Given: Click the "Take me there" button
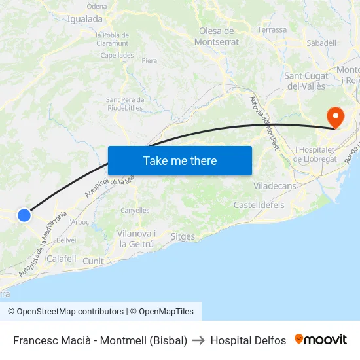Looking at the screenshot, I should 180,160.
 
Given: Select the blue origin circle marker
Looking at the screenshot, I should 24,215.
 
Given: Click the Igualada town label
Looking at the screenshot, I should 85,19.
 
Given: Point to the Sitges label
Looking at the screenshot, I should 183,236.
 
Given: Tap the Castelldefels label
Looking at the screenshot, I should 259,205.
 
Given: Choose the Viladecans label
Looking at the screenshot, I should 274,186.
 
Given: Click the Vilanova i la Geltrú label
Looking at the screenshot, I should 136,239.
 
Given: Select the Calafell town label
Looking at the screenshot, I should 62,259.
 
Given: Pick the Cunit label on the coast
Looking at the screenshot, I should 93,261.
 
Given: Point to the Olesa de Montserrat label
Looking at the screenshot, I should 217,36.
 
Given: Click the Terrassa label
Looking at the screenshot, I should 272,30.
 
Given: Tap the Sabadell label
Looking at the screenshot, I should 321,43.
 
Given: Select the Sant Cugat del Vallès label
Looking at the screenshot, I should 306,81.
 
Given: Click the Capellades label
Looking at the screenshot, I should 117,56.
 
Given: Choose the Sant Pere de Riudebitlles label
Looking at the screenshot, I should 124,103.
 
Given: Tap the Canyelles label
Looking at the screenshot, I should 135,211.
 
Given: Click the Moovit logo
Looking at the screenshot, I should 321,340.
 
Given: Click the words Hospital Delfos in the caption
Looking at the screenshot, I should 248,340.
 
